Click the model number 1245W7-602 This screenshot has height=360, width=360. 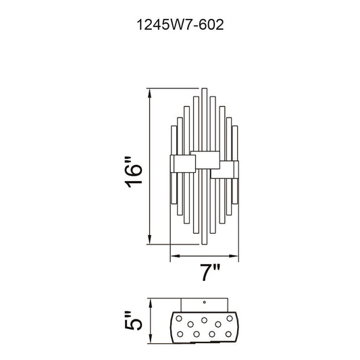tap(180, 25)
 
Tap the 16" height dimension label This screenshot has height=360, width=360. tap(134, 172)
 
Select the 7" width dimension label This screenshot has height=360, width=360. tap(210, 272)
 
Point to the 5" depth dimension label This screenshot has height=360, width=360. tap(134, 321)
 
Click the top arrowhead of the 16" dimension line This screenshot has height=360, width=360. tap(150, 93)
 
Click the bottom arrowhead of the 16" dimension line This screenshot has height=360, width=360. tap(150, 240)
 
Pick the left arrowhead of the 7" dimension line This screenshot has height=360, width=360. tap(176, 256)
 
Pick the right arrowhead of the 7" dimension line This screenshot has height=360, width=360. tap(233, 256)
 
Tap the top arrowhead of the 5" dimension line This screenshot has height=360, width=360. tap(151, 303)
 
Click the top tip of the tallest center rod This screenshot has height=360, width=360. tap(205, 88)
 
